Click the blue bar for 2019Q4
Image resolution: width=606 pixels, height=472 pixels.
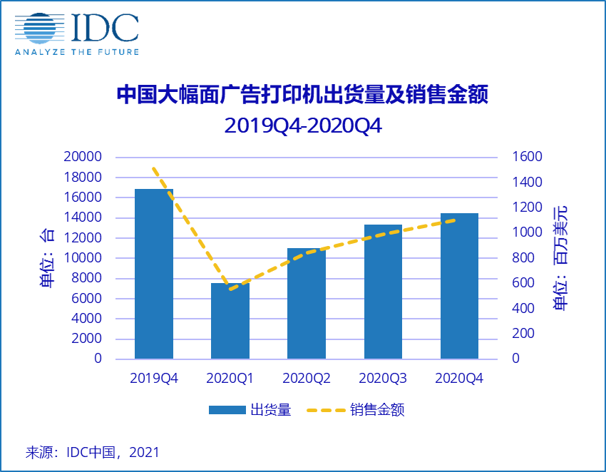tap(154, 274)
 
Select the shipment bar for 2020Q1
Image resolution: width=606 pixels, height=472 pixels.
tap(230, 321)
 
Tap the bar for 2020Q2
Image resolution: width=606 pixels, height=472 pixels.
tap(307, 303)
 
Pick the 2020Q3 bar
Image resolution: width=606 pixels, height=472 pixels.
tap(383, 292)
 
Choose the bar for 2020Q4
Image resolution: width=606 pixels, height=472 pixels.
tap(459, 286)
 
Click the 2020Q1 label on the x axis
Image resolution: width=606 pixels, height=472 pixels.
tap(230, 378)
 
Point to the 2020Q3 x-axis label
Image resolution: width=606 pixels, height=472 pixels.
tap(383, 378)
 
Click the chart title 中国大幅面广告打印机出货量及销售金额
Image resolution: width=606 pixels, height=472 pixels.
tap(303, 96)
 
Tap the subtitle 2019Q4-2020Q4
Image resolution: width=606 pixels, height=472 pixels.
tap(303, 125)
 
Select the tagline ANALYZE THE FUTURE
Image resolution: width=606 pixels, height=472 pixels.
tap(77, 51)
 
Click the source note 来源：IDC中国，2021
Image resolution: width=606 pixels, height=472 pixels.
tap(93, 452)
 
